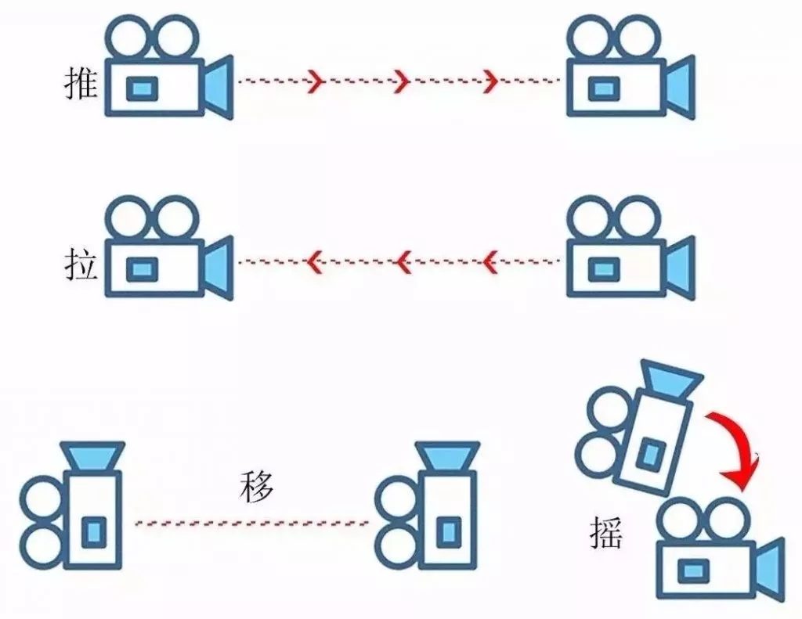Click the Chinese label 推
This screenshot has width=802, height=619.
click(x=81, y=84)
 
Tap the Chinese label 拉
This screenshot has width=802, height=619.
click(x=81, y=265)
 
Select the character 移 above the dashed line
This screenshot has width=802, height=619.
click(x=257, y=487)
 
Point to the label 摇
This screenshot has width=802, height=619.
click(x=607, y=533)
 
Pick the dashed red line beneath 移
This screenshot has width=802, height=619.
click(x=252, y=524)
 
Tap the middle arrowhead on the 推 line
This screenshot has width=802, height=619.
click(x=402, y=81)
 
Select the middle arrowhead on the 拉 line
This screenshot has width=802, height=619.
click(x=403, y=261)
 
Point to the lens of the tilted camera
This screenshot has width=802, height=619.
click(x=670, y=380)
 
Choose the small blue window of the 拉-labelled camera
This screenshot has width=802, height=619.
click(x=142, y=269)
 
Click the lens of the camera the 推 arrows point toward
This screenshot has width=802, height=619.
click(x=681, y=88)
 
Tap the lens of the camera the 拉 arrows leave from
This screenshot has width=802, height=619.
click(x=681, y=268)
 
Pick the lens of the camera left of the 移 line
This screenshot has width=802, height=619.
click(x=92, y=456)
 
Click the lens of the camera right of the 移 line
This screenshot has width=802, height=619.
click(x=447, y=456)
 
